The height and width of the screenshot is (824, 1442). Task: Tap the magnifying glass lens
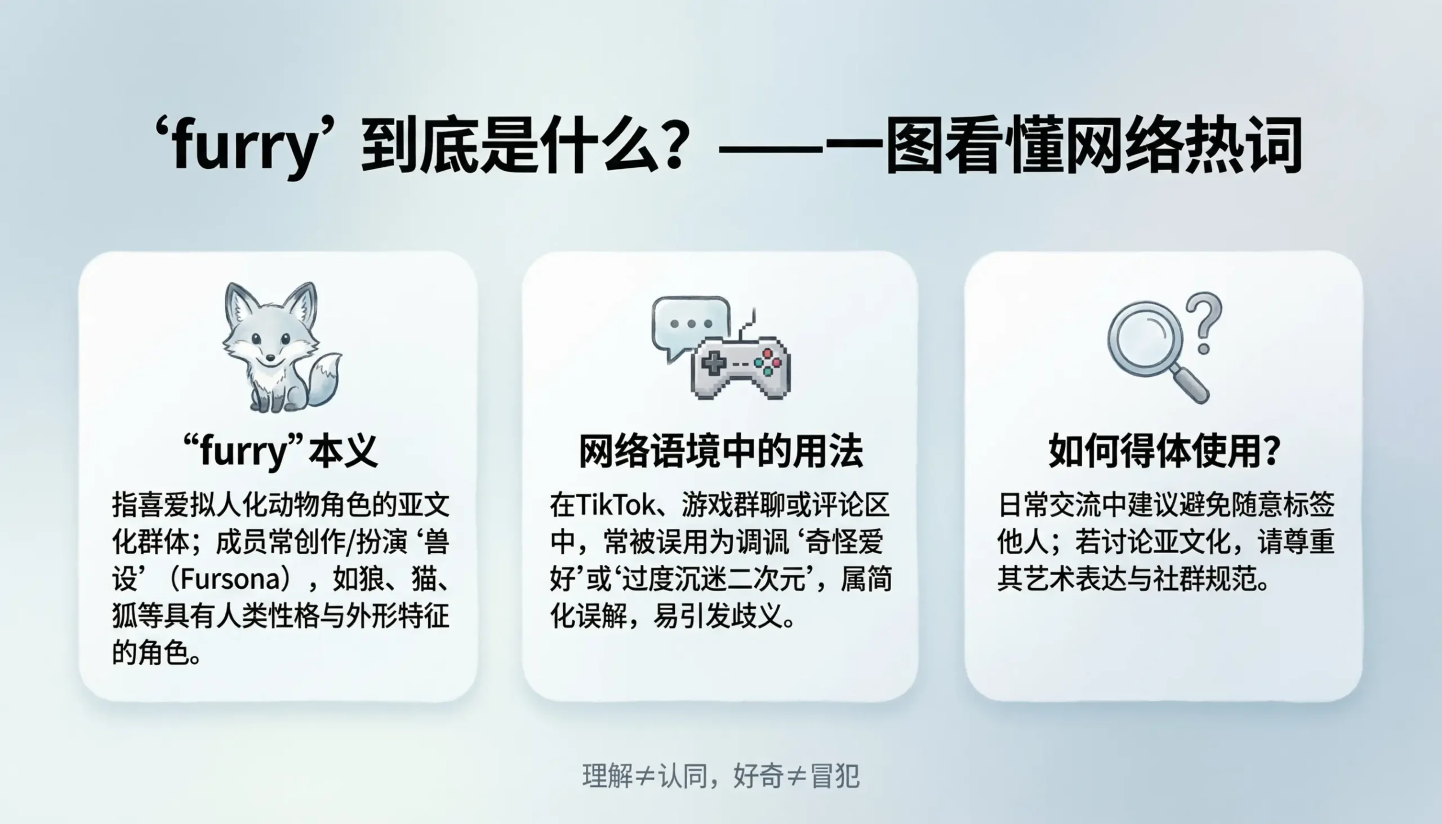pyautogui.click(x=1145, y=339)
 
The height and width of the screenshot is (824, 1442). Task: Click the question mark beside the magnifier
pyautogui.click(x=1204, y=323)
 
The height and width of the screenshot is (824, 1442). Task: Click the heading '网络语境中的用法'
pyautogui.click(x=720, y=451)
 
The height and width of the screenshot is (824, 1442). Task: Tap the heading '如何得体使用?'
pyautogui.click(x=1164, y=451)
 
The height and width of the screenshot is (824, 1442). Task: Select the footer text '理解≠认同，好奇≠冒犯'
pyautogui.click(x=720, y=776)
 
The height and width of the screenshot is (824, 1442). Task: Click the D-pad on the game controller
pyautogui.click(x=714, y=363)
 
